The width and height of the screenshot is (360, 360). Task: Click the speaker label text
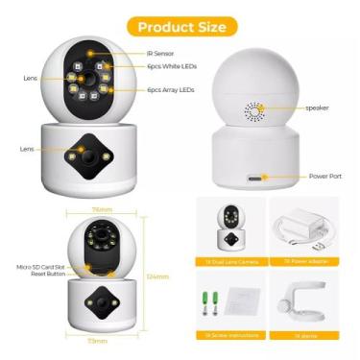(x=318, y=108)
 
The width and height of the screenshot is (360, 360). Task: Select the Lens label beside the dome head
(x=30, y=79)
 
